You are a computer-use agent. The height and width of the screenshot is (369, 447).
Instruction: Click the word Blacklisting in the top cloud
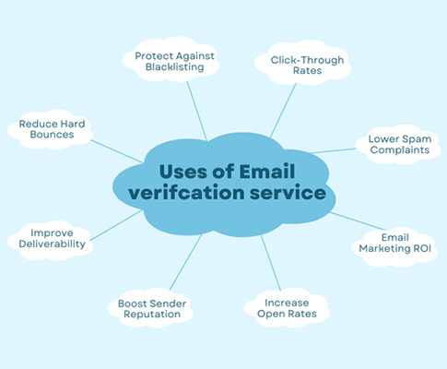(174, 67)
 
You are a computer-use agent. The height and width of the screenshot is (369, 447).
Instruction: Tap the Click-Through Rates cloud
(303, 63)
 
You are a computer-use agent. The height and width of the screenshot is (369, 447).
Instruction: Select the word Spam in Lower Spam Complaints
(417, 139)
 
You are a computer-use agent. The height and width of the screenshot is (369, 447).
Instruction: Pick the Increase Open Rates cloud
(287, 307)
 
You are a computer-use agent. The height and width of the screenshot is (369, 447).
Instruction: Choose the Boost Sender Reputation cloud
(150, 307)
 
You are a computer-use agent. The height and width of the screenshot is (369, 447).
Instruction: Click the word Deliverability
(52, 244)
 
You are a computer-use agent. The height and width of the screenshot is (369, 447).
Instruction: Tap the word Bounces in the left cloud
(52, 135)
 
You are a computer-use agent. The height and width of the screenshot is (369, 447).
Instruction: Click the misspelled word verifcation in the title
(186, 193)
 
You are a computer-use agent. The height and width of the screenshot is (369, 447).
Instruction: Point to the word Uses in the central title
(183, 172)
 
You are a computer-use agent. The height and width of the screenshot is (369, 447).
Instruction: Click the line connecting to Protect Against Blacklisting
(197, 111)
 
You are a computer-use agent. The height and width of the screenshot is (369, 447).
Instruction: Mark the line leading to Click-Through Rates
(283, 111)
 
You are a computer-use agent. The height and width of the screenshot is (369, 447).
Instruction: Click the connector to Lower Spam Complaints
(334, 150)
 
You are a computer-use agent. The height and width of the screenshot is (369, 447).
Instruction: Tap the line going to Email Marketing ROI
(358, 220)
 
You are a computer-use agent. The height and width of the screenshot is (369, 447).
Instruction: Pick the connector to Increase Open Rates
(271, 263)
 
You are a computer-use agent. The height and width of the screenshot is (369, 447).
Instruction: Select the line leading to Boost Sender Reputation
(186, 262)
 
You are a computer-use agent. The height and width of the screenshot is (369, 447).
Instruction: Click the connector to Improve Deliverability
(116, 225)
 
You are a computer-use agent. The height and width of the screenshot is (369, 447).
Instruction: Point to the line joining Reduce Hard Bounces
(117, 151)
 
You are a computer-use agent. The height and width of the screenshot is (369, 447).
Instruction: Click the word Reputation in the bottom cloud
(152, 315)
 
